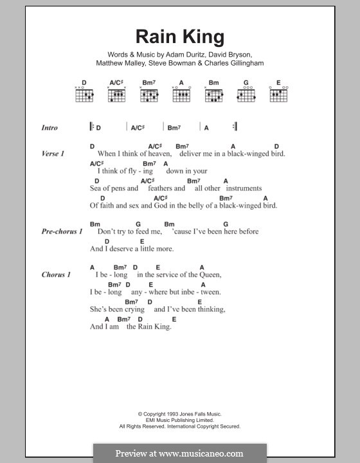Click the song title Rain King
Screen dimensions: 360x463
click(x=179, y=37)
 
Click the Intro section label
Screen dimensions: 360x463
click(x=50, y=127)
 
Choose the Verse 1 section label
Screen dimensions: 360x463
click(x=53, y=154)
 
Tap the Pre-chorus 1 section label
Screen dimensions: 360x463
click(x=62, y=232)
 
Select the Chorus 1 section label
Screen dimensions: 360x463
click(x=56, y=275)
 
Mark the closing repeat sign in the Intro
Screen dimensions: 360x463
click(x=236, y=127)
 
